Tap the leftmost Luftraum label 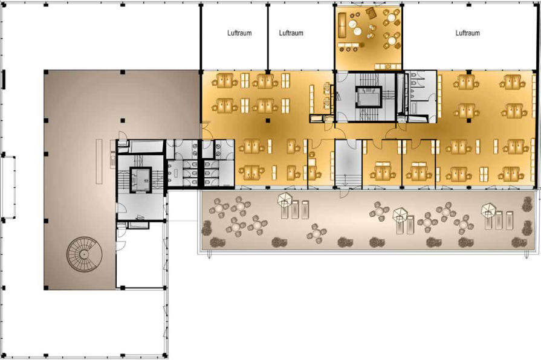click(x=239, y=33)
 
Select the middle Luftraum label click(x=291, y=33)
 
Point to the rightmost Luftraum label click(x=467, y=33)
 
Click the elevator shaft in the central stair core click(x=369, y=96)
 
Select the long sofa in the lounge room click(x=342, y=22)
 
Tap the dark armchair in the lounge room click(x=371, y=13)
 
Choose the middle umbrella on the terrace click(x=400, y=215)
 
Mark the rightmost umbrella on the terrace click(x=488, y=209)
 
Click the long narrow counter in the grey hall click(x=99, y=161)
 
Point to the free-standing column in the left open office click(x=268, y=120)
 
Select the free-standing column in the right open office click(x=468, y=120)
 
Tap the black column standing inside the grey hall click(x=123, y=120)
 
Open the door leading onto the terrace click(x=344, y=193)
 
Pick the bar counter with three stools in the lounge click(x=351, y=47)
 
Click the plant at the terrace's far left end click(x=206, y=228)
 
